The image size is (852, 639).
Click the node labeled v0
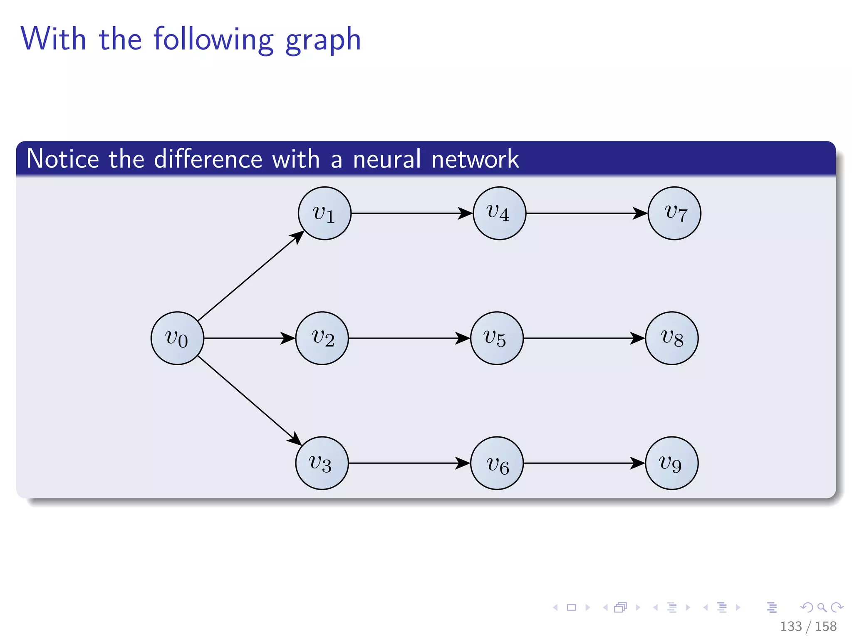click(177, 338)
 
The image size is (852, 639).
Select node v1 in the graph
click(324, 213)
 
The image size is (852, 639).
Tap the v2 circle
click(322, 338)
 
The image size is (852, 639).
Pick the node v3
click(322, 463)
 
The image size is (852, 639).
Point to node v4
click(499, 213)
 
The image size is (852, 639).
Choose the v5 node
click(497, 338)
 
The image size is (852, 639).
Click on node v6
click(497, 463)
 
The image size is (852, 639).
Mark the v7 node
click(674, 213)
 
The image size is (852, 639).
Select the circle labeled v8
click(672, 338)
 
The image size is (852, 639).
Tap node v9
click(672, 463)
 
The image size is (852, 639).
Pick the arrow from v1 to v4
click(412, 213)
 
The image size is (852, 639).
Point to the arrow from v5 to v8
click(584, 338)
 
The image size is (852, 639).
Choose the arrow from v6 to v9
click(584, 463)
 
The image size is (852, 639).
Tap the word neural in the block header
click(387, 159)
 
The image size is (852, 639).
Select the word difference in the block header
click(208, 159)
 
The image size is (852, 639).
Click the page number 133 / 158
click(808, 626)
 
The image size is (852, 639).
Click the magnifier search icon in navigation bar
click(822, 607)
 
